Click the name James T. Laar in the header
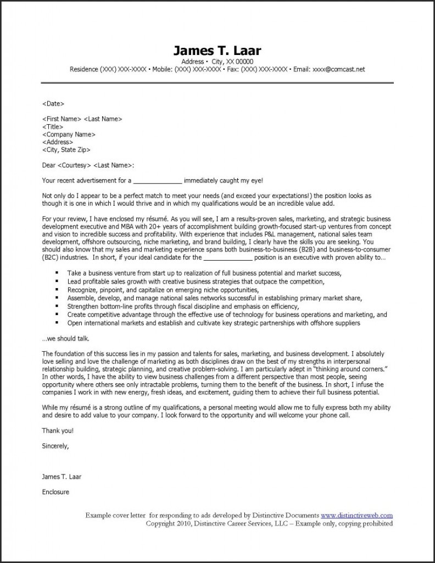(217, 51)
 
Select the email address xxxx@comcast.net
(338, 70)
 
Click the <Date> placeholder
(53, 103)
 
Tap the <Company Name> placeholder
(69, 134)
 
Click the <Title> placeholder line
(53, 126)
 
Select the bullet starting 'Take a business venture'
(204, 273)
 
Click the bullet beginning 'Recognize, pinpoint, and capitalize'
(163, 289)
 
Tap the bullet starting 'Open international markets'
(214, 323)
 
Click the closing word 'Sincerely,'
(55, 446)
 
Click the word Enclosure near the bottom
(55, 492)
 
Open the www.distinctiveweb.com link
(356, 515)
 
